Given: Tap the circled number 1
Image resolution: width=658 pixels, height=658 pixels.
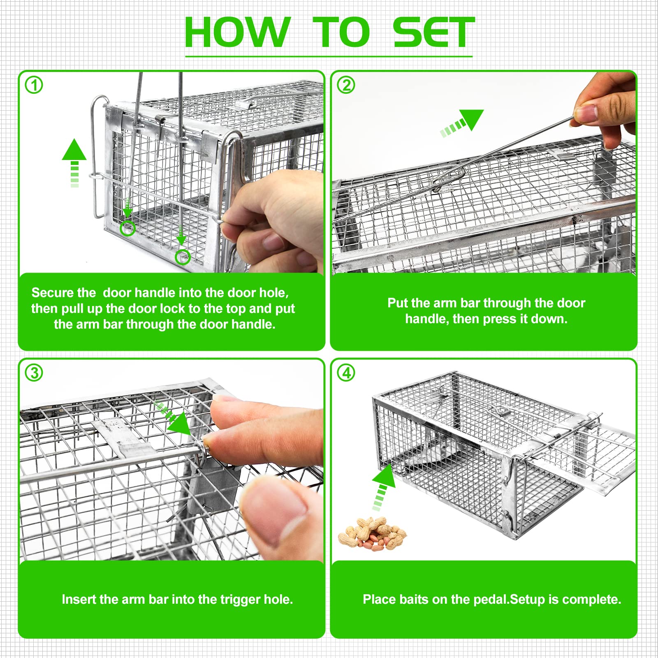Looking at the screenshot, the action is click(x=34, y=85).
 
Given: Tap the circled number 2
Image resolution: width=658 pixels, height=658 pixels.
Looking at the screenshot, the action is click(x=346, y=85).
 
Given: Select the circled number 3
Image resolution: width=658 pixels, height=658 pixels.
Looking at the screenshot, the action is click(x=34, y=373).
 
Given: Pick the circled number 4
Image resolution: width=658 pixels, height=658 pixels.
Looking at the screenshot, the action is click(x=346, y=373).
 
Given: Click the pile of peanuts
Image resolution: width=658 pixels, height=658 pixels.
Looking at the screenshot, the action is click(x=372, y=534).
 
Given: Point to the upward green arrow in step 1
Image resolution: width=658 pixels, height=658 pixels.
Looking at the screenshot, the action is click(x=74, y=163).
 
